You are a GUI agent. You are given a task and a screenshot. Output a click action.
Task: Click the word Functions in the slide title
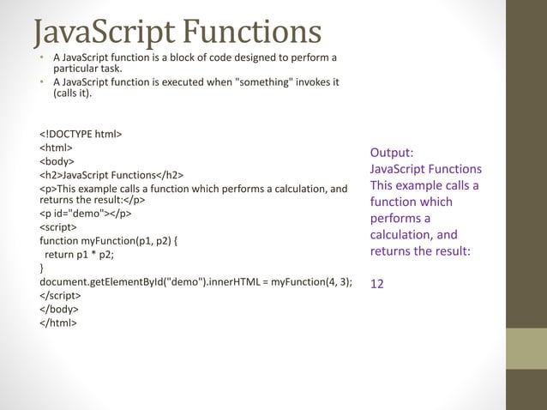point(254,32)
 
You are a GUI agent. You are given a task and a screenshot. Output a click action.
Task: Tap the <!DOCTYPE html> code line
point(81,135)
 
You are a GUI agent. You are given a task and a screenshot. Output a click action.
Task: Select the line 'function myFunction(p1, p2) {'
point(109,241)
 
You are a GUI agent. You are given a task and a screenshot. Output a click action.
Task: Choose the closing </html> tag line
point(57,323)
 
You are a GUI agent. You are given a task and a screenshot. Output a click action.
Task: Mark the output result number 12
point(377,285)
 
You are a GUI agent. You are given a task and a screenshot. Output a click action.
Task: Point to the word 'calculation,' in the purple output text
point(404,235)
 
